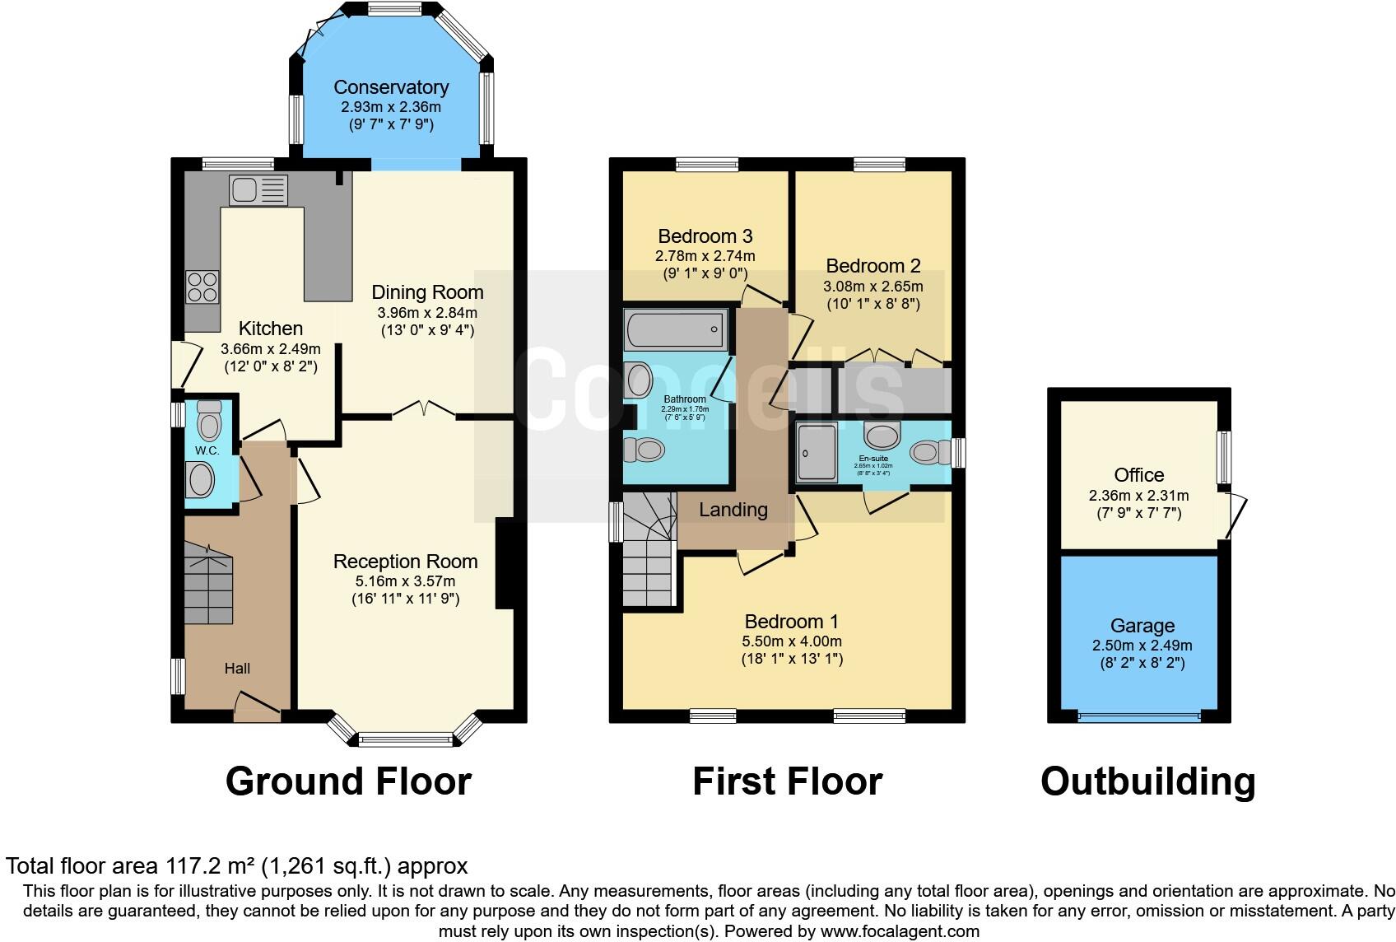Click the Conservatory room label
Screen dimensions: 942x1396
(x=390, y=87)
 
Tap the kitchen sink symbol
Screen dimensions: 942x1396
(x=258, y=190)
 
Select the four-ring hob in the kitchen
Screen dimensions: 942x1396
(x=202, y=287)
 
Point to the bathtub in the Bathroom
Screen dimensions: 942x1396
(x=675, y=329)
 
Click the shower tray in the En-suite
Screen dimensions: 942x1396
(x=817, y=451)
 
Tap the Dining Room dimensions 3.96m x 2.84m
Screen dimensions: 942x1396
(x=427, y=313)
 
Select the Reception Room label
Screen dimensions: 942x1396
(x=405, y=562)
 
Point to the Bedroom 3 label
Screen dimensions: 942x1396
(x=705, y=236)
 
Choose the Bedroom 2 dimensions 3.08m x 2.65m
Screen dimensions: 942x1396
(x=872, y=287)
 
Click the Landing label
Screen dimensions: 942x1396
(x=733, y=510)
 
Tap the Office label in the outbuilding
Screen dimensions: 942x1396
(x=1138, y=475)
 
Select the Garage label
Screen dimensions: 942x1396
(x=1142, y=626)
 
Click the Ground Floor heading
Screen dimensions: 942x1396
(x=348, y=781)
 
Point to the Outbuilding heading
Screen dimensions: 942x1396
(x=1147, y=781)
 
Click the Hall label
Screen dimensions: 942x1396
(x=237, y=669)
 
